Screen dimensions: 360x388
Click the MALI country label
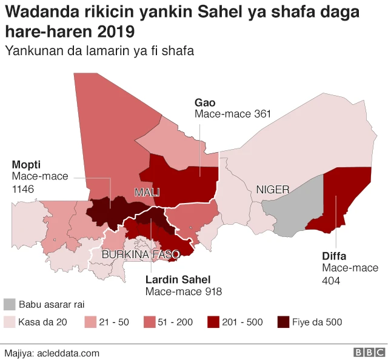pyautogui.click(x=147, y=192)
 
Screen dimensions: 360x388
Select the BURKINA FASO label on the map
pyautogui.click(x=140, y=255)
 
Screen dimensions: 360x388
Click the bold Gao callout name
pyautogui.click(x=205, y=102)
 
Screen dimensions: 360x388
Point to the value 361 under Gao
pyautogui.click(x=262, y=114)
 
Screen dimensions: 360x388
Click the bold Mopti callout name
pyautogui.click(x=27, y=165)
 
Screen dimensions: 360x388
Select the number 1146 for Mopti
pyautogui.click(x=22, y=189)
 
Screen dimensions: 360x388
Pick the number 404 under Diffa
pyautogui.click(x=331, y=281)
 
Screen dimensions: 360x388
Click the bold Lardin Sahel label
pyautogui.click(x=178, y=279)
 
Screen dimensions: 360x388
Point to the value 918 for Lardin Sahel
pyautogui.click(x=212, y=292)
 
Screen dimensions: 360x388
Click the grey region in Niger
pyautogui.click(x=295, y=206)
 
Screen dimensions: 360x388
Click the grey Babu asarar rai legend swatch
pyautogui.click(x=9, y=304)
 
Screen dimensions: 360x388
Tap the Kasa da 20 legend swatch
pyautogui.click(x=9, y=321)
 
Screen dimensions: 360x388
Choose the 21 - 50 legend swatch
pyautogui.click(x=90, y=321)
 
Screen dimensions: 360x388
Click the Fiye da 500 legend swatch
pyautogui.click(x=283, y=321)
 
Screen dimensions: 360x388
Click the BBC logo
pyautogui.click(x=369, y=352)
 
